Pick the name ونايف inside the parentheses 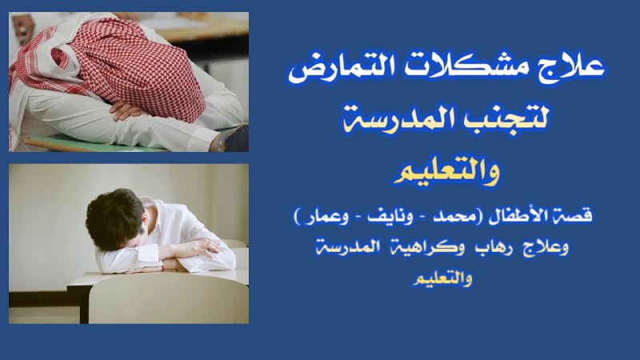(390, 216)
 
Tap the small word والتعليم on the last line (442, 278)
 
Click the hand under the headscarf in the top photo (126, 110)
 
